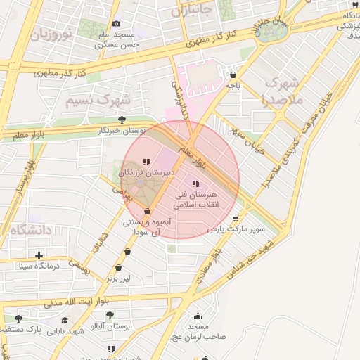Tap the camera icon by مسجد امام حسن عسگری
coord(117,24)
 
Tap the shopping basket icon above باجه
coord(233,75)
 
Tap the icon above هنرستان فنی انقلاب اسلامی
coord(195,184)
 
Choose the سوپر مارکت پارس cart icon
coord(245,218)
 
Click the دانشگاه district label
coord(32,229)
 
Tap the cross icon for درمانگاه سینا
coord(39,255)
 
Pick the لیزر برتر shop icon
coord(118,268)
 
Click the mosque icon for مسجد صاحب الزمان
coord(198,316)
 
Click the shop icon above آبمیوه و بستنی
coord(147,211)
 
